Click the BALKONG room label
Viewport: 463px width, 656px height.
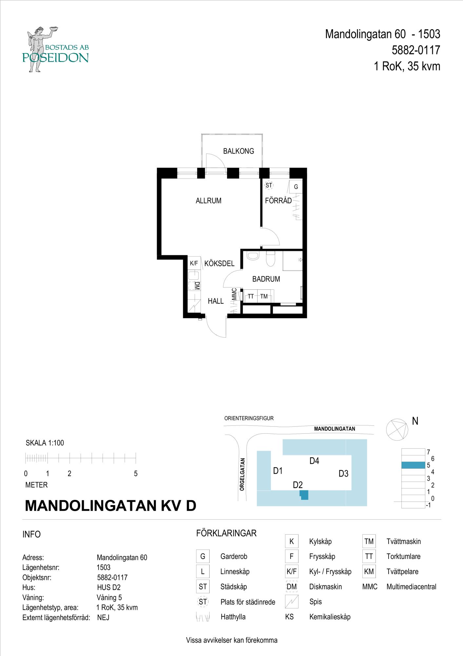point(239,151)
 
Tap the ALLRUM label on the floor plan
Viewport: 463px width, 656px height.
point(208,201)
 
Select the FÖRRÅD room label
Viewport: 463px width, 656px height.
point(278,201)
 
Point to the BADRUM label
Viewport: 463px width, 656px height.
point(266,279)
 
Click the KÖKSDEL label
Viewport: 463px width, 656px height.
point(219,263)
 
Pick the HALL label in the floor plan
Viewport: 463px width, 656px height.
point(216,301)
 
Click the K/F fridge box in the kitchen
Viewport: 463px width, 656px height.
point(194,263)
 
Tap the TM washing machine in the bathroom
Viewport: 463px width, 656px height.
point(264,297)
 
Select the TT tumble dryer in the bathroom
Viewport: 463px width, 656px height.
point(251,297)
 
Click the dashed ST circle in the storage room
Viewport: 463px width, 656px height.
point(269,186)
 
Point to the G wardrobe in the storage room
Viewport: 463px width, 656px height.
point(296,187)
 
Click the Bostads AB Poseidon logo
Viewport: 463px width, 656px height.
point(56,49)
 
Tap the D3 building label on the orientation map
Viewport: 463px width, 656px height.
point(343,474)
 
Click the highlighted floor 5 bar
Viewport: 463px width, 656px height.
point(413,465)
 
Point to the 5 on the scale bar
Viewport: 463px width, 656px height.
point(136,474)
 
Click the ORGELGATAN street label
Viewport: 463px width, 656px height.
point(242,474)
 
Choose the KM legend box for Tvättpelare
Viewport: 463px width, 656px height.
point(369,571)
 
